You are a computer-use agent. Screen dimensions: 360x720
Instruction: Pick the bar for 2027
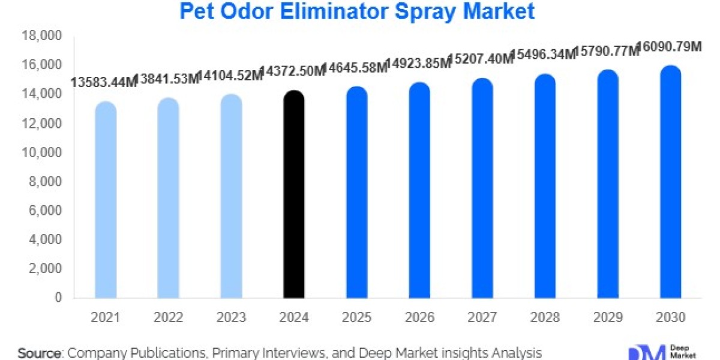click(482, 188)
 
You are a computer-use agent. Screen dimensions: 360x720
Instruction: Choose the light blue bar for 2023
click(231, 196)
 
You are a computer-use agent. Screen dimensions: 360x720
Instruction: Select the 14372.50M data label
click(293, 71)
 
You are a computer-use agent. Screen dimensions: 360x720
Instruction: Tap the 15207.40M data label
click(481, 59)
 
